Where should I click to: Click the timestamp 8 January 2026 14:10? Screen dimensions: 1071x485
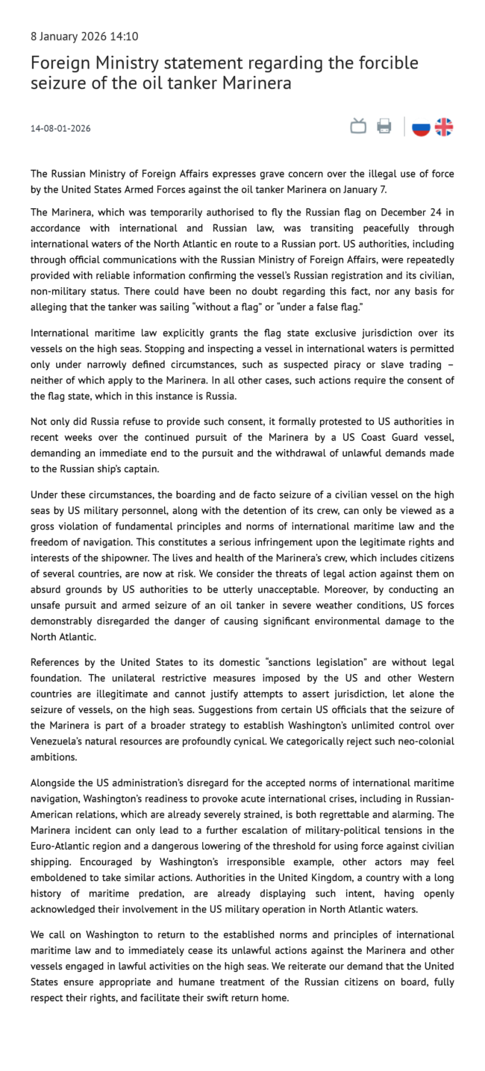pos(84,37)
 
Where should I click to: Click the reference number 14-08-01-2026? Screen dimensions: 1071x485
pos(60,128)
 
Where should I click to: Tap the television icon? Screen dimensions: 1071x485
pos(359,127)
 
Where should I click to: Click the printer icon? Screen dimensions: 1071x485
pos(384,127)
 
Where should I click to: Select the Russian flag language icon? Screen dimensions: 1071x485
pos(422,127)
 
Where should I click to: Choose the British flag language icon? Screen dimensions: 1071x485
pos(444,127)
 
